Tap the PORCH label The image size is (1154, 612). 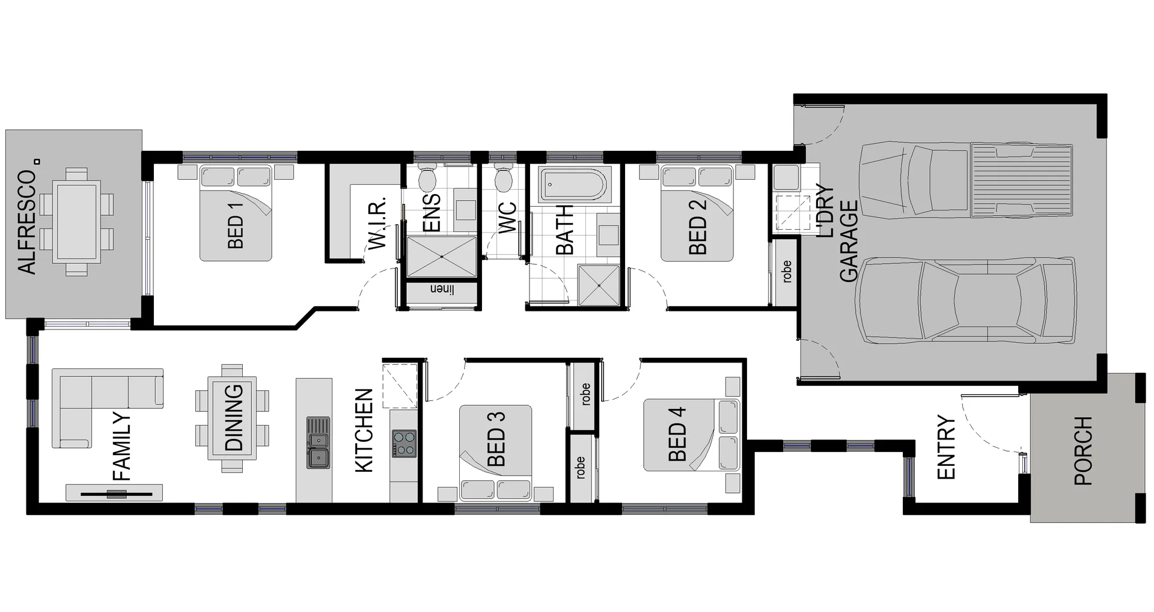(x=1083, y=451)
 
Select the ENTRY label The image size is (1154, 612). (x=946, y=447)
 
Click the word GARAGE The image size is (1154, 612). (x=849, y=240)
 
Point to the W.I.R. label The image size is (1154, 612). (x=376, y=225)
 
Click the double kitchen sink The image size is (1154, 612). (x=318, y=442)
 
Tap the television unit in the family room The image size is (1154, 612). (x=114, y=494)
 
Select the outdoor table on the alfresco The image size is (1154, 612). (x=76, y=222)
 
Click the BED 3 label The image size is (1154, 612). (x=496, y=439)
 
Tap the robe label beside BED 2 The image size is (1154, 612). (x=786, y=272)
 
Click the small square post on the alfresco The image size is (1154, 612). (x=37, y=161)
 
